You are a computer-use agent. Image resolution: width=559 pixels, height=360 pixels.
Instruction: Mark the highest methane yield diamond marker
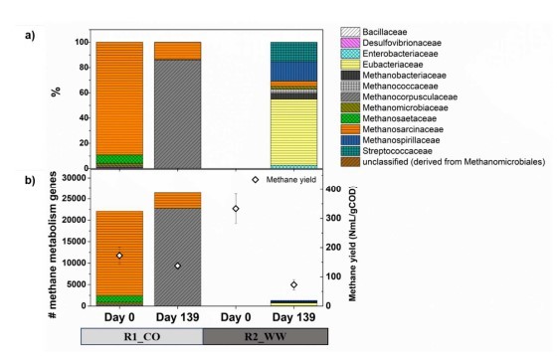click(236, 209)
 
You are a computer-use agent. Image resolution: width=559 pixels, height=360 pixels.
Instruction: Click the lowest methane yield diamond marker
click(294, 285)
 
